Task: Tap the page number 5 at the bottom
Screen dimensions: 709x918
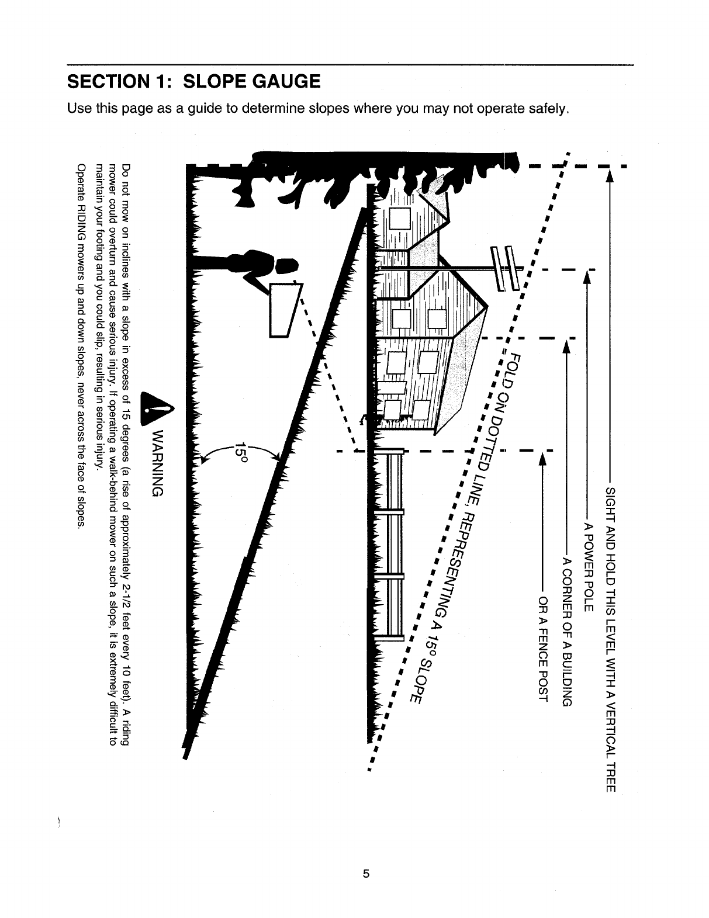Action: (x=366, y=874)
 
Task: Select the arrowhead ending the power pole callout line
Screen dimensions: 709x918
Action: (x=588, y=280)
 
